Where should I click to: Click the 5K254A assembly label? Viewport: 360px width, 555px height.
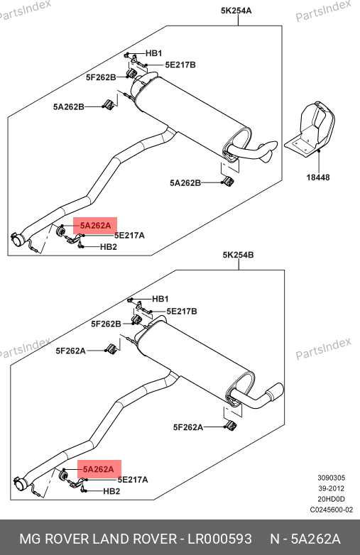[236, 11]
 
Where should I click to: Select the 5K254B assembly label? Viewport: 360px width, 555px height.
[238, 255]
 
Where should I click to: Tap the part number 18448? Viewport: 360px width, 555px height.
[318, 177]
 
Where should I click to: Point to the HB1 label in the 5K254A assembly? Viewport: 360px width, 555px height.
[154, 53]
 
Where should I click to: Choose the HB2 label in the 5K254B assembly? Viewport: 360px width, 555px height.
[111, 491]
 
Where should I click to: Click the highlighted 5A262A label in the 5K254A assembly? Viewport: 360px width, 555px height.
[95, 226]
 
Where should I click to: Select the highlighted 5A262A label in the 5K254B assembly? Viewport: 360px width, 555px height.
[99, 469]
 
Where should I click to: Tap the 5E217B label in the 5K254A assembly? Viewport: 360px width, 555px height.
[180, 65]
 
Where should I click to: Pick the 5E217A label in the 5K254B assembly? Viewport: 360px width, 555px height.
[133, 480]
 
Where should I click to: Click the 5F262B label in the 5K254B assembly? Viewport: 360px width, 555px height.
[107, 324]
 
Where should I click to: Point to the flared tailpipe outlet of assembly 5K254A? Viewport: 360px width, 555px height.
[269, 150]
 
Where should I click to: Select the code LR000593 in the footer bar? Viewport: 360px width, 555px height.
[219, 539]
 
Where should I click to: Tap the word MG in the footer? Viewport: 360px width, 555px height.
[30, 539]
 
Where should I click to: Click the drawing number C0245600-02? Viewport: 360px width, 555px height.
[332, 510]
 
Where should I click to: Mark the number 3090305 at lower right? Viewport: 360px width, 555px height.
[332, 478]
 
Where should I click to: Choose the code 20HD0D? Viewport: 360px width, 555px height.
[332, 499]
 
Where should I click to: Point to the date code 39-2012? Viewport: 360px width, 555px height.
[332, 488]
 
